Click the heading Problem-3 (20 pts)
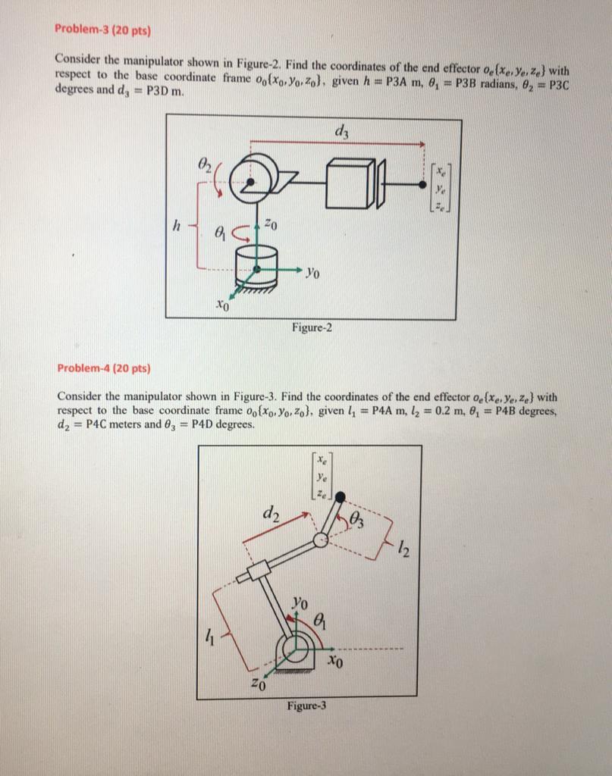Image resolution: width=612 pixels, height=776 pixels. [x=102, y=31]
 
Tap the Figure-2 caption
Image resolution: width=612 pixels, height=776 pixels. [x=312, y=327]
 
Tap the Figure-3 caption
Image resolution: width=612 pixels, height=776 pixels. [x=306, y=706]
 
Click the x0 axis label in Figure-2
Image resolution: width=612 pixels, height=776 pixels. [x=221, y=307]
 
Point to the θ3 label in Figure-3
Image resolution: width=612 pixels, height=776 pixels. [x=361, y=518]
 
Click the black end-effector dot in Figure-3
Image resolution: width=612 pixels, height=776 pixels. [x=341, y=496]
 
